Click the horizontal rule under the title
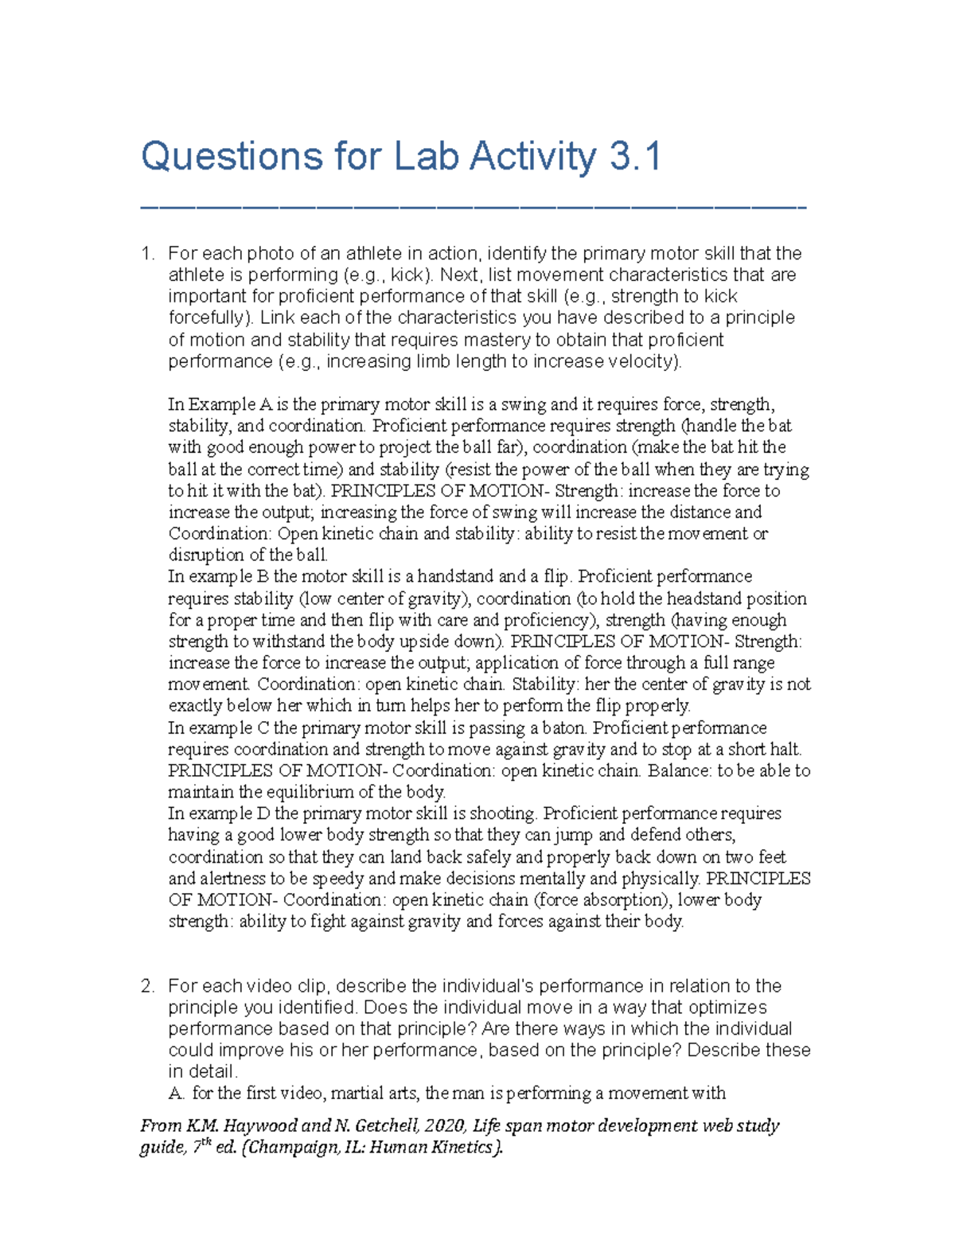pyautogui.click(x=473, y=208)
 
